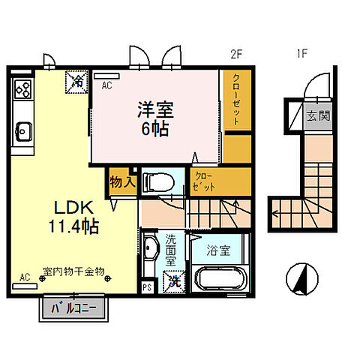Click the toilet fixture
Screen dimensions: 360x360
158,181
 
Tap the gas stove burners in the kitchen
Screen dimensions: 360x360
22,91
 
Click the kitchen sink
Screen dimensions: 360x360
22,130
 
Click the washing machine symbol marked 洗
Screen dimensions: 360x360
174,282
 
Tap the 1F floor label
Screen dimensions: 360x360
300,53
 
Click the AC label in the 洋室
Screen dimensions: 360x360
106,85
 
